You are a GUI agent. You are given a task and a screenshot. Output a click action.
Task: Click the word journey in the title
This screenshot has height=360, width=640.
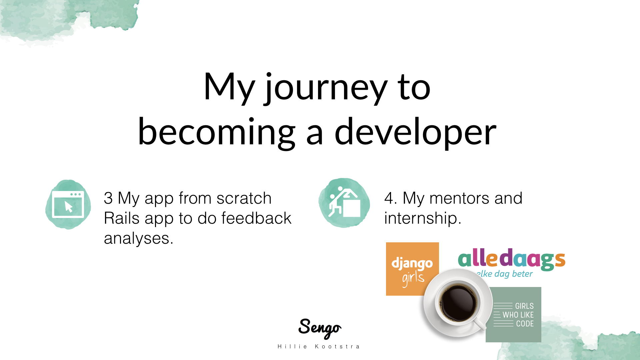click(x=326, y=87)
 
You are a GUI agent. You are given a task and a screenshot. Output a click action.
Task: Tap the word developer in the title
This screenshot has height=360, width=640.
click(x=415, y=132)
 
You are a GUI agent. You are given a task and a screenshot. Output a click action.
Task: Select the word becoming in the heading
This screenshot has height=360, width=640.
click(x=217, y=132)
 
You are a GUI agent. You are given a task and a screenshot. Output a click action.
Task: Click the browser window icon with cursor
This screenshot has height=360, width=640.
click(x=68, y=204)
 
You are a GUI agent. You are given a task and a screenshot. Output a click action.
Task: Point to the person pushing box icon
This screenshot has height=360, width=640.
click(x=344, y=203)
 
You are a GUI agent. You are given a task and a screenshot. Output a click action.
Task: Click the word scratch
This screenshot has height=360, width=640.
click(x=244, y=198)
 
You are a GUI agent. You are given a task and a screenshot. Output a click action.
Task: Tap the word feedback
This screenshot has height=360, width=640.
click(x=256, y=218)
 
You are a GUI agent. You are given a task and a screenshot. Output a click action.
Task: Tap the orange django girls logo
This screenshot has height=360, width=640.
click(x=412, y=269)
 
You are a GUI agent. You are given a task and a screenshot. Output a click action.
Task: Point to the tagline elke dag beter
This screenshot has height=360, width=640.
click(x=505, y=274)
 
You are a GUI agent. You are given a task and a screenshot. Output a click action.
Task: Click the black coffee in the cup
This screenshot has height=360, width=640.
click(x=459, y=303)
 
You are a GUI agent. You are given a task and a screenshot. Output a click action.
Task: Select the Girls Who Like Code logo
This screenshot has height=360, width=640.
click(x=514, y=315)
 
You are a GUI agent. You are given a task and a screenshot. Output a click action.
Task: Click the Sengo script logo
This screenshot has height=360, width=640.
click(x=320, y=328)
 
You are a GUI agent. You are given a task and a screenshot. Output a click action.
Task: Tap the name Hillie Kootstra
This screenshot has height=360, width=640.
click(x=319, y=347)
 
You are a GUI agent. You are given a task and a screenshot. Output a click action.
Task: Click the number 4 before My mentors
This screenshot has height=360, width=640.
click(x=389, y=198)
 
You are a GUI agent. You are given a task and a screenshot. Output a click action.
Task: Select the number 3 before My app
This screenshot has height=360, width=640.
click(x=108, y=198)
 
